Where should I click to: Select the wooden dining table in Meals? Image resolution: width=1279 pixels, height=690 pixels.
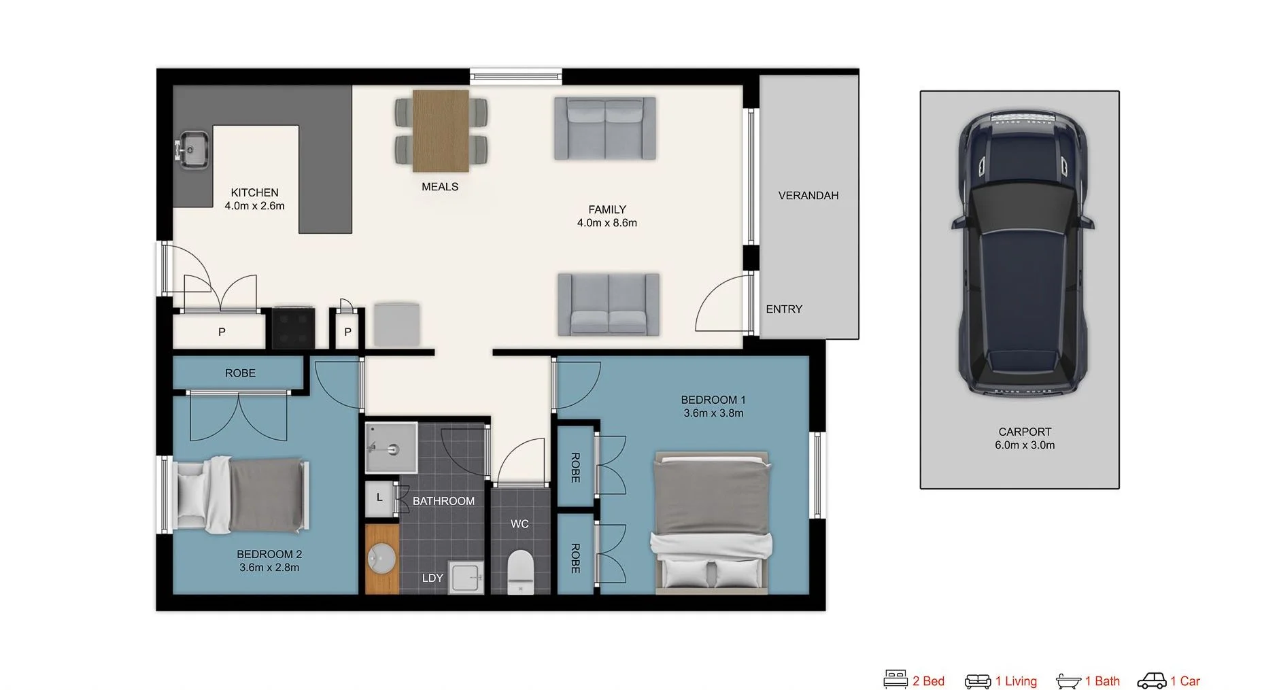tap(441, 131)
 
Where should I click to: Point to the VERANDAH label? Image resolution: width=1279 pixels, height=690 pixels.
tap(808, 196)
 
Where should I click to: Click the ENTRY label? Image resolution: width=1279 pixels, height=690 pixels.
tap(784, 309)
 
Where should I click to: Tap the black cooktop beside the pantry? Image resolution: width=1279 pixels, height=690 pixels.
tap(293, 327)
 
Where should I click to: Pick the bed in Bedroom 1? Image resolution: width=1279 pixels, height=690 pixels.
tap(712, 522)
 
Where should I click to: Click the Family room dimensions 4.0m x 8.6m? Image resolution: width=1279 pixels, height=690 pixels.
tap(607, 223)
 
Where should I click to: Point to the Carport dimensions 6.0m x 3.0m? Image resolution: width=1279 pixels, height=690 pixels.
tap(1025, 445)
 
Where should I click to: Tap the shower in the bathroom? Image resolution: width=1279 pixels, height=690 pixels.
tap(391, 447)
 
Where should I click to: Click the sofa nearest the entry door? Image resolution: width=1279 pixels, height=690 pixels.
tap(609, 305)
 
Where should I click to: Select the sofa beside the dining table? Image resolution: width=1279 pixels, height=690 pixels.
tap(604, 128)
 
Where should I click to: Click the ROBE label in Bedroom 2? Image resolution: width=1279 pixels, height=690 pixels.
tap(240, 373)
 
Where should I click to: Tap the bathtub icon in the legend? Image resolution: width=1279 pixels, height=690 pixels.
tap(1068, 680)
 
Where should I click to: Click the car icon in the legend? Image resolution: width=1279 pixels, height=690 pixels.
tap(1151, 680)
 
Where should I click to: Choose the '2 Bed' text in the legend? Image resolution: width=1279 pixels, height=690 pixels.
tap(928, 681)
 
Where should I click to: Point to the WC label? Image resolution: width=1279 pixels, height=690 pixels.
tap(519, 524)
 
